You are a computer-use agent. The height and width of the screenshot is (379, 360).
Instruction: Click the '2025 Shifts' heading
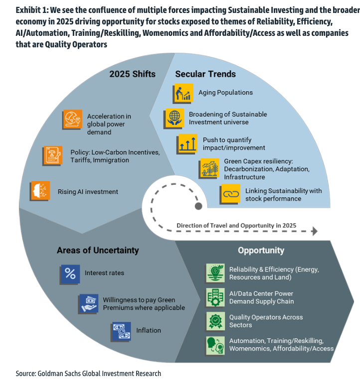click(133, 74)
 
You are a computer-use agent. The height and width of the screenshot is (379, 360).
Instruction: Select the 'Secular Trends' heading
click(205, 74)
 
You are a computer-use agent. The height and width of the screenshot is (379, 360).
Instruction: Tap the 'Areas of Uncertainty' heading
click(98, 250)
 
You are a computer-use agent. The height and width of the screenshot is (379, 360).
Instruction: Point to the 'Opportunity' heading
click(261, 250)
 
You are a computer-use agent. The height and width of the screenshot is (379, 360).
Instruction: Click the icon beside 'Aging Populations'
click(183, 93)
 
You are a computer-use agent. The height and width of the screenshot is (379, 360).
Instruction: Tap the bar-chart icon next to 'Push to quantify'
click(187, 144)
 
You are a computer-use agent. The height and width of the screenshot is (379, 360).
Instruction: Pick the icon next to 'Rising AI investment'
click(41, 191)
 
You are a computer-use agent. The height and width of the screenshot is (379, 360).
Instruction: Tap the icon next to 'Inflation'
click(120, 331)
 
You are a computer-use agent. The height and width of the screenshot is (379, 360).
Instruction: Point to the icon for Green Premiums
click(88, 303)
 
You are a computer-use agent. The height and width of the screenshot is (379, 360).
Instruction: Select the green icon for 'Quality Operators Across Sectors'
click(215, 321)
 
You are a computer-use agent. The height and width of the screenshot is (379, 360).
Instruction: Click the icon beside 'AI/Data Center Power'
click(215, 297)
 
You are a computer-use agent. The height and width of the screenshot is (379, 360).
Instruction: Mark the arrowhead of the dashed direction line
click(315, 231)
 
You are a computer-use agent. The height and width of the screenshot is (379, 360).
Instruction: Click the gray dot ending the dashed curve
click(198, 206)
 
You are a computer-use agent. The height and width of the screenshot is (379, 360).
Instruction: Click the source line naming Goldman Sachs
click(88, 373)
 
